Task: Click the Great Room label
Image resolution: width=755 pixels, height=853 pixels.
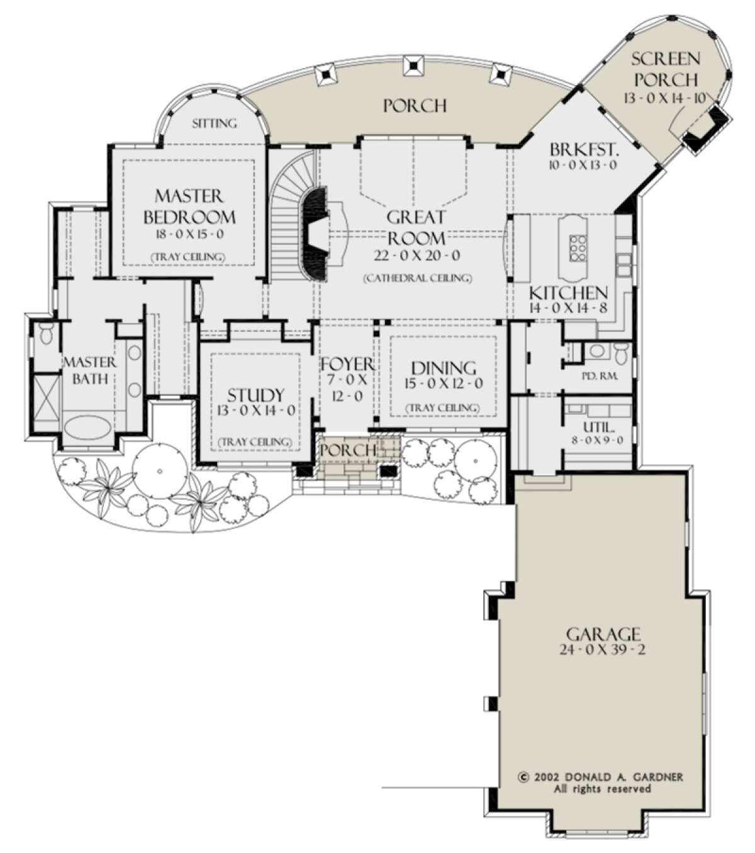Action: [416, 227]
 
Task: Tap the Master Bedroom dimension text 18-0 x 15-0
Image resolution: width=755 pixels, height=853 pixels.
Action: [189, 235]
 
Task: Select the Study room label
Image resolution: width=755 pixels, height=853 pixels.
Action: [256, 395]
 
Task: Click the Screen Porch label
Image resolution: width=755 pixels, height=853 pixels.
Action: [666, 69]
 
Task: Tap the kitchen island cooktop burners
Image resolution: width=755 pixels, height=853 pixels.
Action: [578, 249]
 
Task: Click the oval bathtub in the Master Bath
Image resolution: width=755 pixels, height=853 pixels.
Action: [88, 427]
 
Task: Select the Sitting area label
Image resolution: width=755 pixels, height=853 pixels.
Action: [215, 123]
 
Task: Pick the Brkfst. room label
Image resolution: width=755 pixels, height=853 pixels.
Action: [584, 149]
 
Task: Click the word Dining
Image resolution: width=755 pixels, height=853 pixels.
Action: [444, 368]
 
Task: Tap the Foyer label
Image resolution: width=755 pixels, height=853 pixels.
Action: [347, 364]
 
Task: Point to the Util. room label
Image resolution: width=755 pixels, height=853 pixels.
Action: [599, 427]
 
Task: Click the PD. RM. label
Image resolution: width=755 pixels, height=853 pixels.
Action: [600, 376]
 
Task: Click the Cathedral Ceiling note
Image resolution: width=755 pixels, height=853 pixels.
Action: [418, 278]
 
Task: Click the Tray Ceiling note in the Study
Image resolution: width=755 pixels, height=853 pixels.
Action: [255, 442]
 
